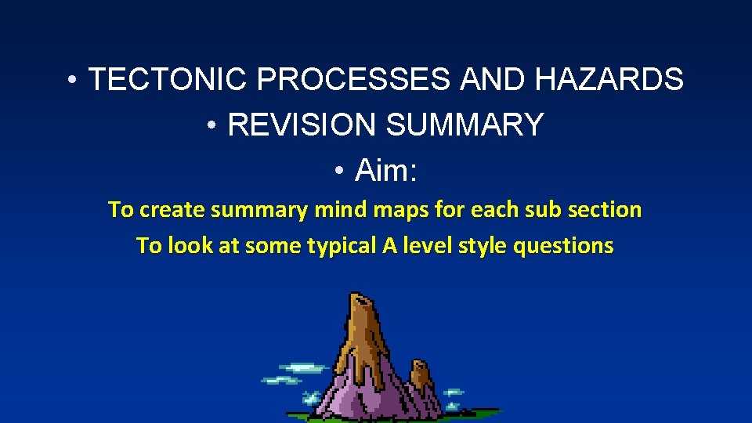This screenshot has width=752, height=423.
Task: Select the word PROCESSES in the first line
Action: [354, 79]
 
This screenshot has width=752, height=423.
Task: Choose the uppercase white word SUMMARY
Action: [465, 125]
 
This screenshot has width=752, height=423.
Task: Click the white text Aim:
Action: [385, 170]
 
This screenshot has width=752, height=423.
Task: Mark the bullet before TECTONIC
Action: [71, 80]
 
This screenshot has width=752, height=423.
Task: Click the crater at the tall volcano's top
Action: [361, 298]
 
